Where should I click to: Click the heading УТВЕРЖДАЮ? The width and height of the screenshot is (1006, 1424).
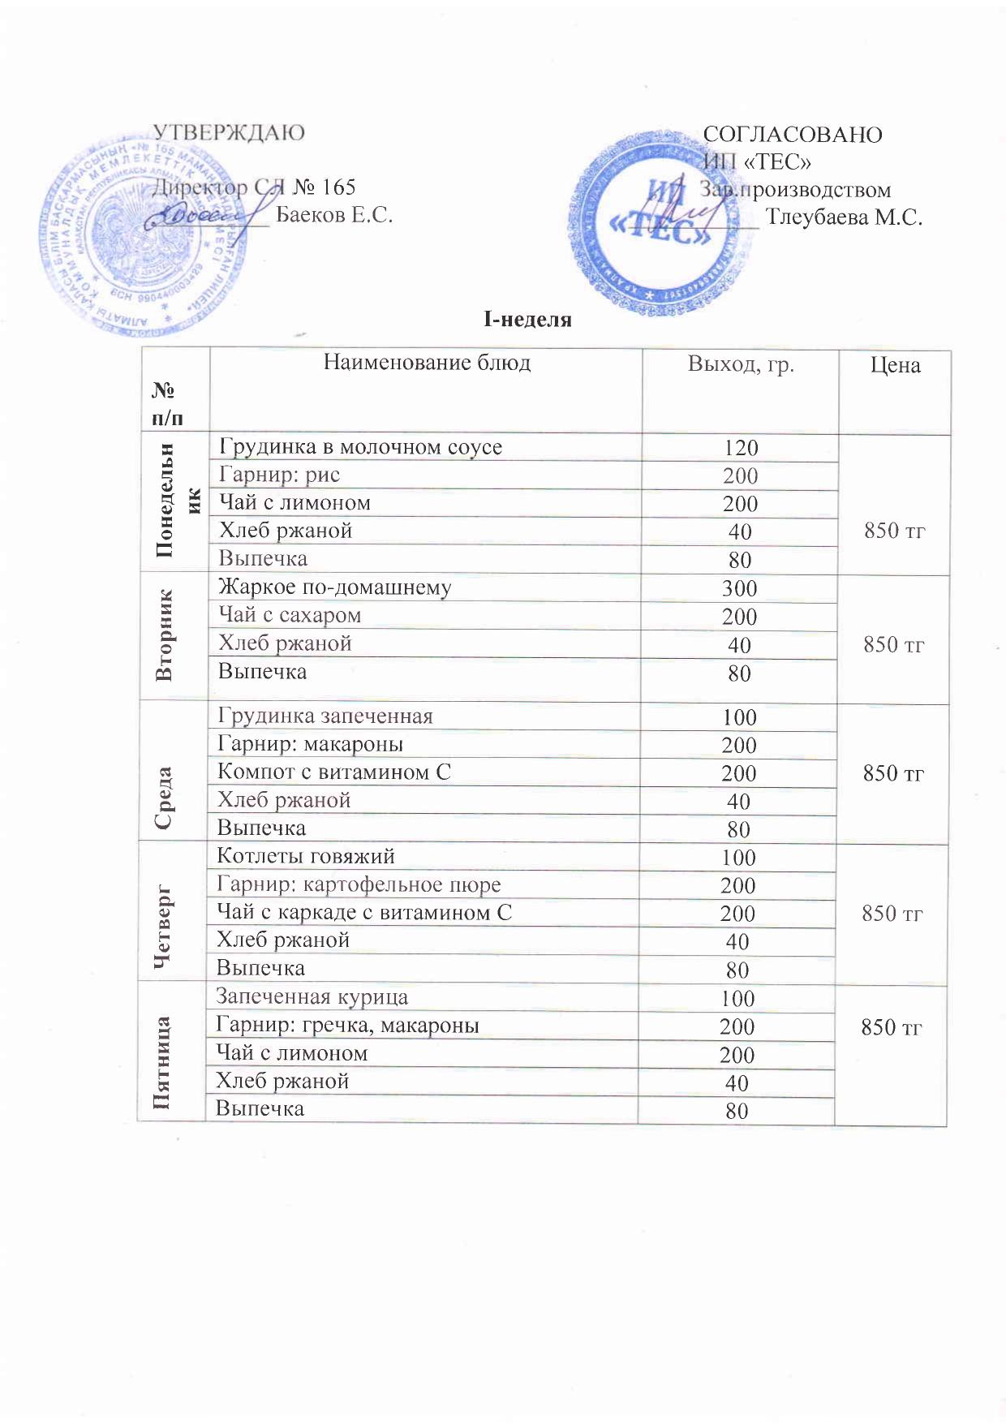(229, 132)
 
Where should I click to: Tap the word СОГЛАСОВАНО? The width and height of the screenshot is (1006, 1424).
(793, 135)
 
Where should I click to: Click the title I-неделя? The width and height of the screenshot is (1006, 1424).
(527, 320)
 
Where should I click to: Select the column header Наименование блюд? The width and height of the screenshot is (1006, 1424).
(427, 362)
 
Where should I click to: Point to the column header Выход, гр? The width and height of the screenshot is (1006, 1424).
(741, 364)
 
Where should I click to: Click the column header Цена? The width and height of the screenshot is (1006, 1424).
(895, 365)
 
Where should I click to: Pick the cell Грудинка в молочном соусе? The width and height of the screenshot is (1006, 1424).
(361, 447)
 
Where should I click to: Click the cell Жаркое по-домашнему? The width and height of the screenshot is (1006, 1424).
(335, 587)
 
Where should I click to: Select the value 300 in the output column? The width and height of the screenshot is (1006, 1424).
(740, 588)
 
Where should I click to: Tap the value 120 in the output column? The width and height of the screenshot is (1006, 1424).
(741, 448)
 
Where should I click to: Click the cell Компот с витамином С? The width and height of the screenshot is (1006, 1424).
(333, 772)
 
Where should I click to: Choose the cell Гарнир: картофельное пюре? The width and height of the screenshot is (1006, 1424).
(359, 884)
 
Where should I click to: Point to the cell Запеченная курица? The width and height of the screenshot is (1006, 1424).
(312, 997)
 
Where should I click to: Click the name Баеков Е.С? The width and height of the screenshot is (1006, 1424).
(334, 215)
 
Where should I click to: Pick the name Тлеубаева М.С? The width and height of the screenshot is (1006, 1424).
(844, 217)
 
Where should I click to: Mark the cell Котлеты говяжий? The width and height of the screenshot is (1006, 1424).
(306, 856)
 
